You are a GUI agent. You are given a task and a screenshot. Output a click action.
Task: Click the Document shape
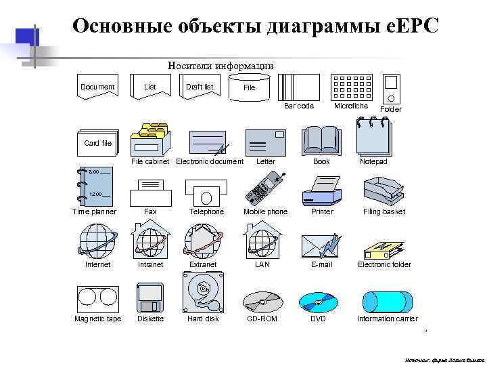97,87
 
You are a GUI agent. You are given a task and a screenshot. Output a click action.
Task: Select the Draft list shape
200,87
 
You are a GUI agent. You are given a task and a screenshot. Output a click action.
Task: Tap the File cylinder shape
250,88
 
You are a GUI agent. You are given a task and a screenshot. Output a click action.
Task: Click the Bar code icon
297,87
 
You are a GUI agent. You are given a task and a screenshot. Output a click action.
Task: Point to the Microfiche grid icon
351,87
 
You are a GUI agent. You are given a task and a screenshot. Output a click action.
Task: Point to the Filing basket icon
384,190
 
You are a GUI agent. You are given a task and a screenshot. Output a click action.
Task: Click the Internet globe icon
97,241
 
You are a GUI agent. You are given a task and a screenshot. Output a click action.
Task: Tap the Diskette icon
149,297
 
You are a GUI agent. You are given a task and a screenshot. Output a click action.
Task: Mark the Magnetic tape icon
97,297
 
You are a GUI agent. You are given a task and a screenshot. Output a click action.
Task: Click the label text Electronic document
210,161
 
